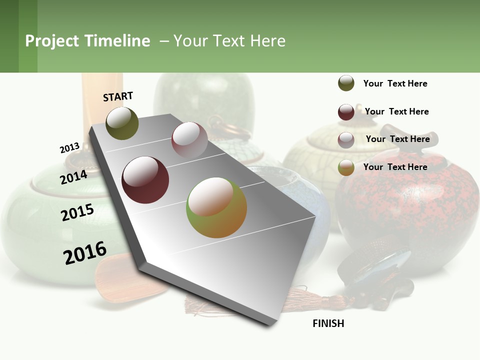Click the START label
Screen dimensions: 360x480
click(118, 96)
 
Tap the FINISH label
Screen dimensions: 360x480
click(328, 323)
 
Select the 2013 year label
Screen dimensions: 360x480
click(69, 148)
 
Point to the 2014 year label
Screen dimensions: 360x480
click(73, 177)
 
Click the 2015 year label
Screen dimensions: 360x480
click(77, 212)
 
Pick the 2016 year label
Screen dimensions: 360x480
click(85, 253)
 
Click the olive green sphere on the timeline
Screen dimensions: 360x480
click(122, 123)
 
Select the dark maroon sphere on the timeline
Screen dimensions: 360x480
click(145, 180)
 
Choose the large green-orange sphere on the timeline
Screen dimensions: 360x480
click(216, 207)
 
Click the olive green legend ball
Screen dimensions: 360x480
click(346, 83)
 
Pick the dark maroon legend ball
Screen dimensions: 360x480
click(346, 112)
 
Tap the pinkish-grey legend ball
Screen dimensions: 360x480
click(346, 140)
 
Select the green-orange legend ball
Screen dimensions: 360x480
click(346, 168)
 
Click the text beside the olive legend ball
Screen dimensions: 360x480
click(395, 83)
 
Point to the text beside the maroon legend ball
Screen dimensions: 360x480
click(396, 111)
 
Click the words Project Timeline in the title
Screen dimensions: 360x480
click(87, 41)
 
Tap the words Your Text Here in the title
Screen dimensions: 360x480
click(229, 41)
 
